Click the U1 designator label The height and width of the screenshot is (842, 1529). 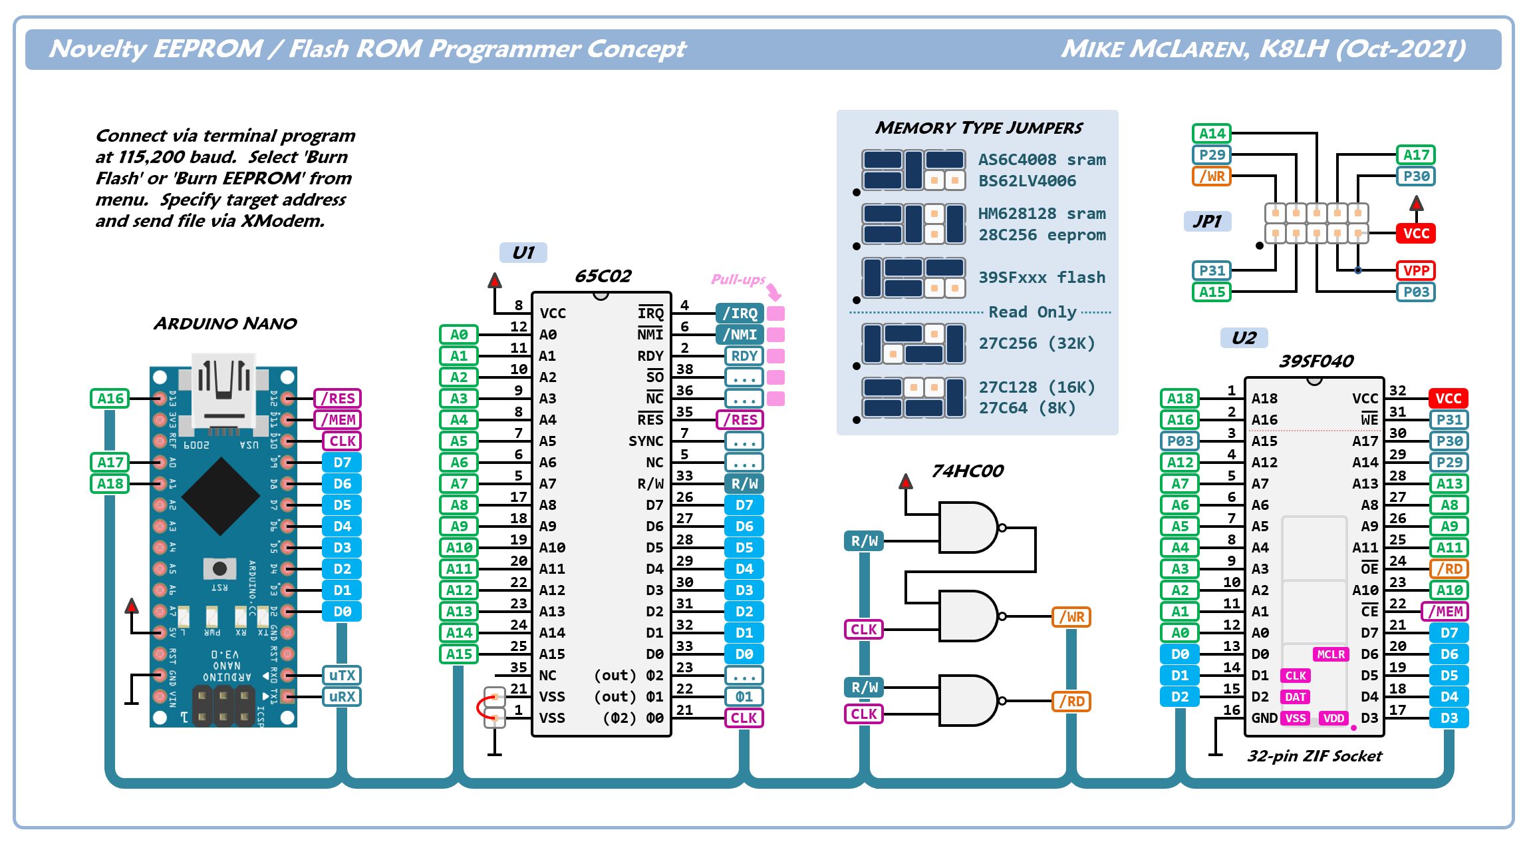523,253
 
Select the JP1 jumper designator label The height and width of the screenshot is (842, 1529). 1207,221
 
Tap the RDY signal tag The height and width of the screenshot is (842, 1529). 744,356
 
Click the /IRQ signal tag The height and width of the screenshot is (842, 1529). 740,314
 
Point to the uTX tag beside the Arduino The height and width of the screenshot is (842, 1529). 342,676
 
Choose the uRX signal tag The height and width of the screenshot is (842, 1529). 342,697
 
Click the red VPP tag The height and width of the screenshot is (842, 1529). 1415,271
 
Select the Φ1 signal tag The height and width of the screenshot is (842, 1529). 744,697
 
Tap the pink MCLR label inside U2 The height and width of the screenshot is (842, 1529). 1331,654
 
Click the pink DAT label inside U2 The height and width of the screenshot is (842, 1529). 1295,697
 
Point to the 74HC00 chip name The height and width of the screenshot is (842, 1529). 967,471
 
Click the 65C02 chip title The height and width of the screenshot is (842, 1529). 603,276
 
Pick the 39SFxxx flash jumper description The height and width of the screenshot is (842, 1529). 1042,278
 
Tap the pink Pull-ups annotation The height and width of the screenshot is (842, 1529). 738,280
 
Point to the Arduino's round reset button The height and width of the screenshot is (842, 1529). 219,568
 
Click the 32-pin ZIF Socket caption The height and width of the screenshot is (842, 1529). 1314,756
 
